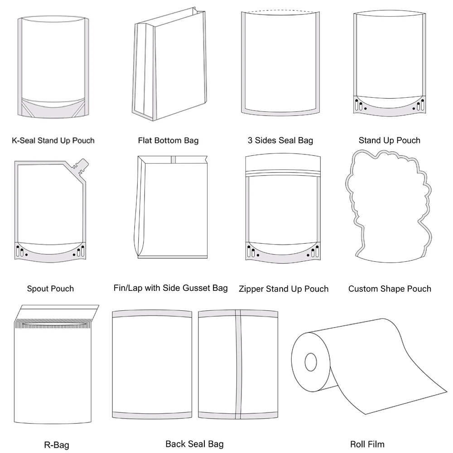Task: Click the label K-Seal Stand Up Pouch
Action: tap(53, 140)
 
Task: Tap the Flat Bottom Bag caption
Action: tap(168, 140)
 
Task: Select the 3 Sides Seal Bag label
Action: tap(280, 140)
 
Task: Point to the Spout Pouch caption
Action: tap(50, 289)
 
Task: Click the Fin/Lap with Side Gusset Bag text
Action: tap(171, 288)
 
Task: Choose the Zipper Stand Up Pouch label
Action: tap(284, 289)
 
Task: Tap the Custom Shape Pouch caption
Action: tap(390, 289)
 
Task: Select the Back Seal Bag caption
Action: tap(194, 444)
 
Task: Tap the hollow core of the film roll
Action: tap(311, 362)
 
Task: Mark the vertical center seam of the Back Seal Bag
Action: tap(237, 362)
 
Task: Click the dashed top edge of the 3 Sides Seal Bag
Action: tap(280, 11)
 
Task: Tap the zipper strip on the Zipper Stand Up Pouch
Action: tap(283, 173)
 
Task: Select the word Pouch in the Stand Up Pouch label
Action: tap(408, 140)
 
